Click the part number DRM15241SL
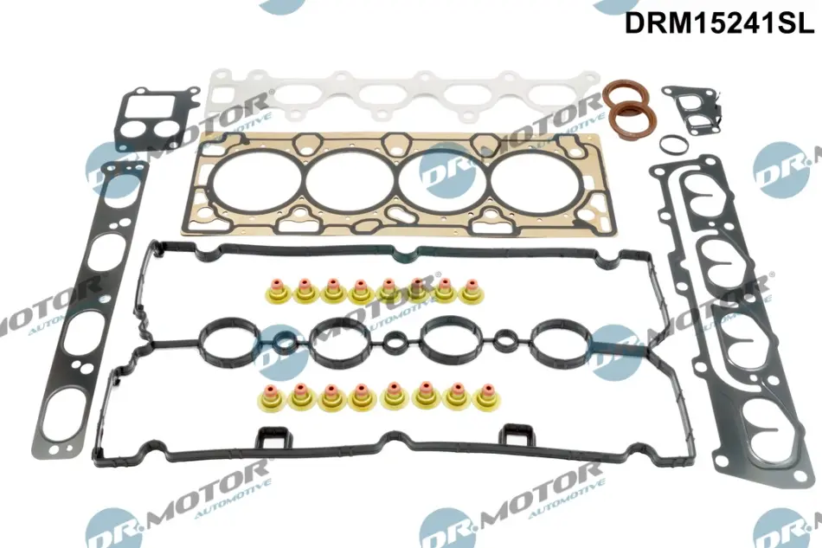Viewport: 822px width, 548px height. (x=719, y=23)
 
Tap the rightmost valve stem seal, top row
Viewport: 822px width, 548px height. (x=472, y=292)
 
